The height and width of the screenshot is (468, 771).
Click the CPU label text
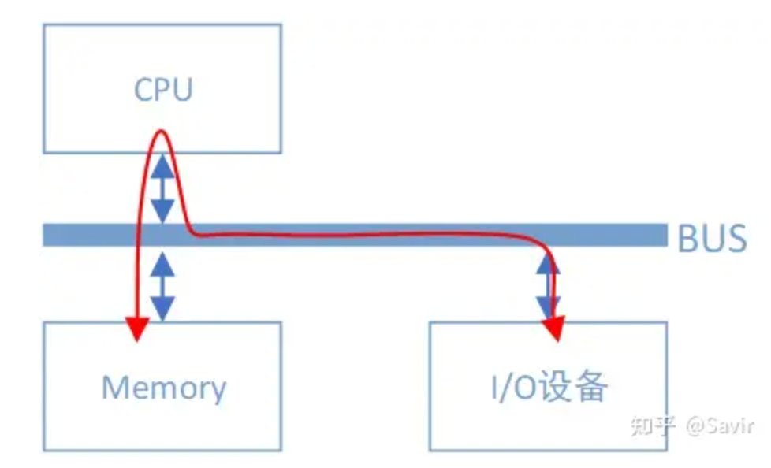pyautogui.click(x=163, y=90)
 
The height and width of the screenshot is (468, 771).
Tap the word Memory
pyautogui.click(x=164, y=388)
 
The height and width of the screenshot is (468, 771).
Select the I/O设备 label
pyautogui.click(x=549, y=386)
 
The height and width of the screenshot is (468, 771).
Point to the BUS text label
pyautogui.click(x=712, y=239)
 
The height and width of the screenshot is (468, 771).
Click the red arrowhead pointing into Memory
pyautogui.click(x=137, y=329)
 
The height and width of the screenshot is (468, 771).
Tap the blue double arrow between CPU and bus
pyautogui.click(x=162, y=188)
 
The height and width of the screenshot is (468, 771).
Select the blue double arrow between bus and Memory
pyautogui.click(x=162, y=286)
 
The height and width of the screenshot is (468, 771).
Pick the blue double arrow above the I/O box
pyautogui.click(x=547, y=286)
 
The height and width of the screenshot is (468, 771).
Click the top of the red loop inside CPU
pyautogui.click(x=161, y=131)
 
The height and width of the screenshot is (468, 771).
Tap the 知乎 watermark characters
pyautogui.click(x=652, y=425)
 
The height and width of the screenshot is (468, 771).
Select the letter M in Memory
pyautogui.click(x=114, y=387)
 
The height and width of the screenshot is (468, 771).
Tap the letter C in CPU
pyautogui.click(x=143, y=90)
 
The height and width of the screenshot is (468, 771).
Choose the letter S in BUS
pyautogui.click(x=736, y=239)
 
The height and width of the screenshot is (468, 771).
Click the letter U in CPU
pyautogui.click(x=182, y=90)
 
